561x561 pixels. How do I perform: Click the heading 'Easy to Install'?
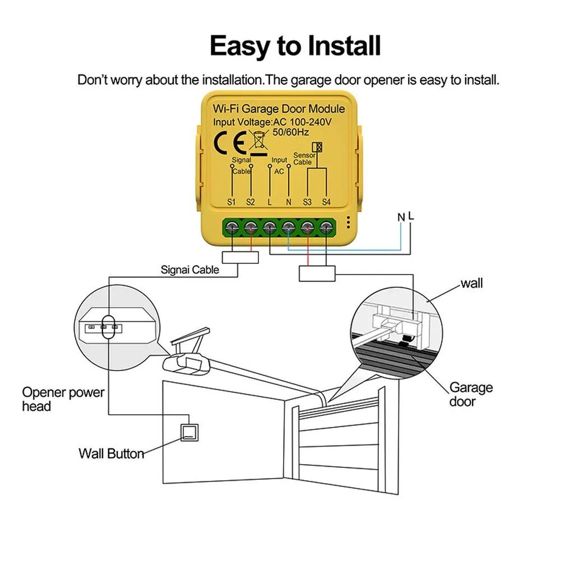pyautogui.click(x=295, y=45)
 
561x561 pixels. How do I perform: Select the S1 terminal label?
pyautogui.click(x=232, y=201)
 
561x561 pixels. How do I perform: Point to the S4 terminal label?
pyautogui.click(x=327, y=201)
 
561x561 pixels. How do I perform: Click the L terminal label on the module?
pyautogui.click(x=270, y=201)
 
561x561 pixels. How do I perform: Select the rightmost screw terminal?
pyautogui.click(x=327, y=227)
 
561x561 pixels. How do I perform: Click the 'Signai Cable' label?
pyautogui.click(x=190, y=270)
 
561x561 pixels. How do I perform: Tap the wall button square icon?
pyautogui.click(x=190, y=432)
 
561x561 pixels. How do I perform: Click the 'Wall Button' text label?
pyautogui.click(x=111, y=453)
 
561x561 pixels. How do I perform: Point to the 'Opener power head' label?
pyautogui.click(x=63, y=399)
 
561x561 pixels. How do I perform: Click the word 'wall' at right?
pyautogui.click(x=471, y=284)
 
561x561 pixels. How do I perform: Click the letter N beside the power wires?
pyautogui.click(x=401, y=216)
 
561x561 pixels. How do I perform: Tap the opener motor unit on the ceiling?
pyautogui.click(x=187, y=363)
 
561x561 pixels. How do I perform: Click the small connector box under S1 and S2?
pyautogui.click(x=240, y=258)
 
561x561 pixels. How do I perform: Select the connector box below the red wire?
pyautogui.click(x=317, y=273)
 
